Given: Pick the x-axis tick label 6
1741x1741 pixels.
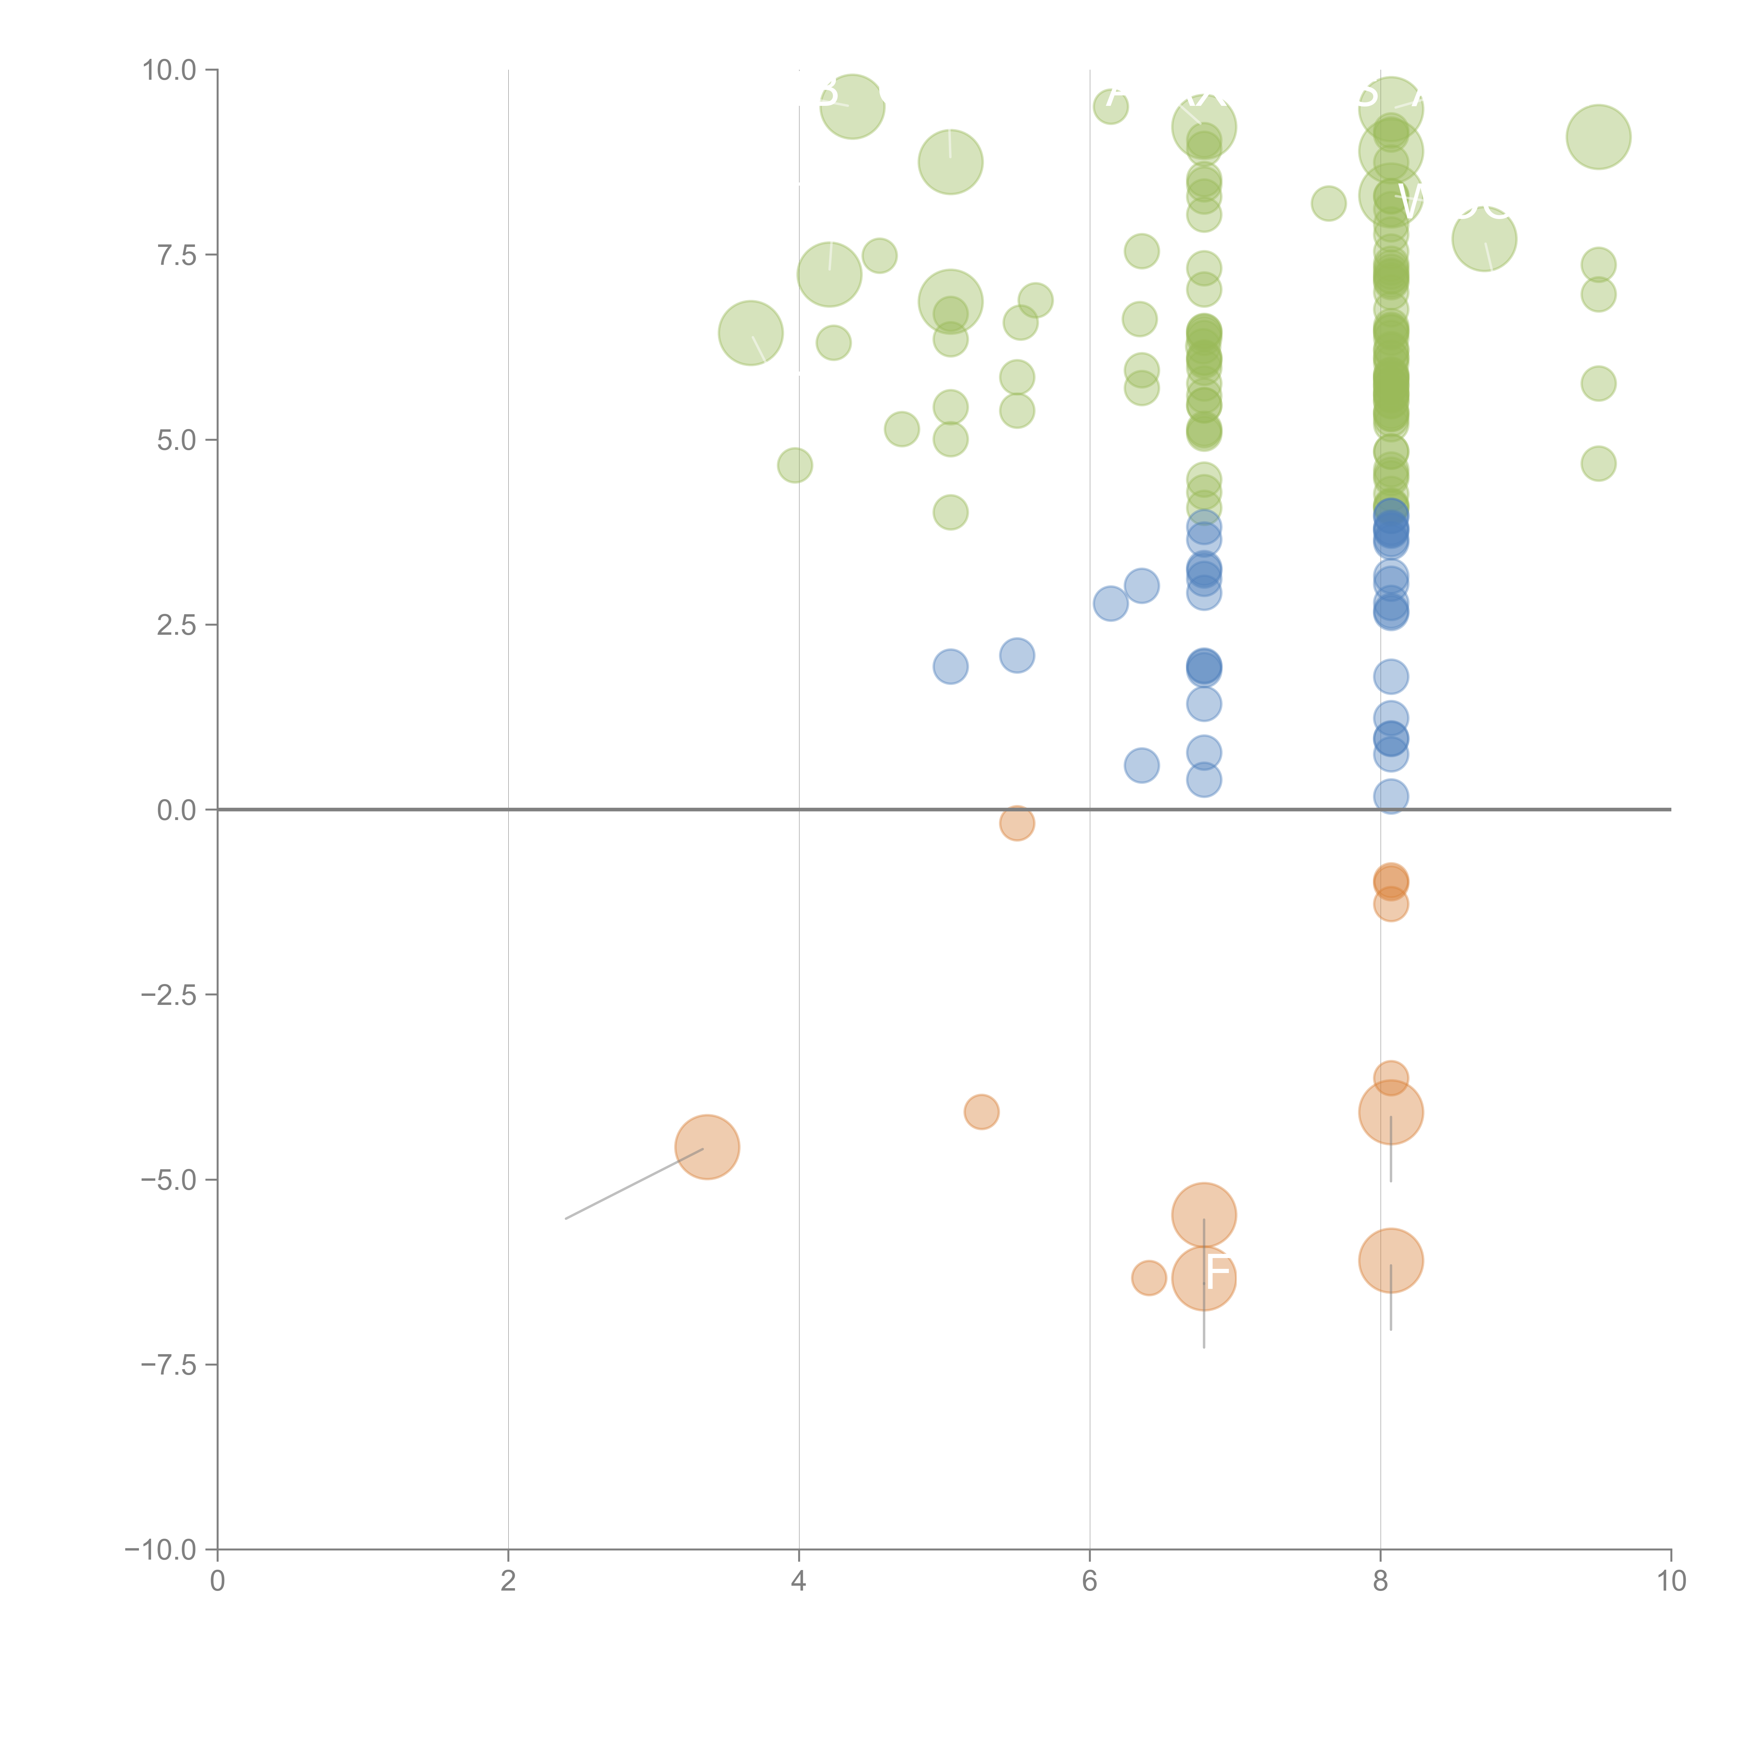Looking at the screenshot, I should click(1090, 1580).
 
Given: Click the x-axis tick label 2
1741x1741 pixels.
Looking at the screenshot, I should click(508, 1580).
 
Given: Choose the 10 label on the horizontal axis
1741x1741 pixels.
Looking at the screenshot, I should click(1671, 1580).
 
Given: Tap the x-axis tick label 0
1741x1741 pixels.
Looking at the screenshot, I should click(217, 1580).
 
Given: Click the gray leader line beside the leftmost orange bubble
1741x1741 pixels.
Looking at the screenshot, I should click(631, 1184).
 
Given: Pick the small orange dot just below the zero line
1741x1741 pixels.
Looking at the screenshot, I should click(1016, 823).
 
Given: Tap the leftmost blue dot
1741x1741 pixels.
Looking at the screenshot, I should click(950, 667).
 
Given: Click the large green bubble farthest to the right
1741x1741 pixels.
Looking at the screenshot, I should click(1598, 137).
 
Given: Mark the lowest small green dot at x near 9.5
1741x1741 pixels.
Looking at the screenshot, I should click(1598, 464).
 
